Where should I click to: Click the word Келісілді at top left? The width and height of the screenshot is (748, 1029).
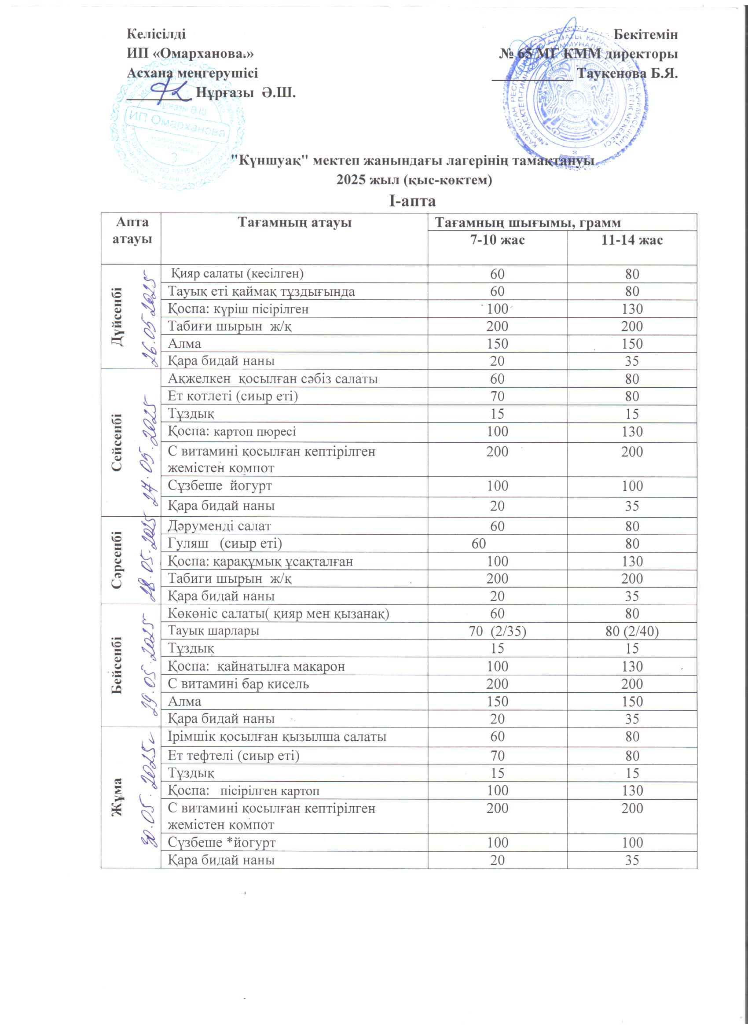(156, 34)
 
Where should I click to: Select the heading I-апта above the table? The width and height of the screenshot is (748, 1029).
(412, 201)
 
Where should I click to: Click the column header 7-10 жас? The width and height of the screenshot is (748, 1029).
(497, 240)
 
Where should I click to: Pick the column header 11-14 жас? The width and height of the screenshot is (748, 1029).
(632, 240)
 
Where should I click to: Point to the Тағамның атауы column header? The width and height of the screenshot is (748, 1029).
(294, 223)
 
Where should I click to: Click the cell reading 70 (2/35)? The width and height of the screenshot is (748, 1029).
(498, 631)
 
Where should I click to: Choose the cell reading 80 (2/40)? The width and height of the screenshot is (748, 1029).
(632, 631)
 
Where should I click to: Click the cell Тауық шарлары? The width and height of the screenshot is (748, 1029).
(214, 631)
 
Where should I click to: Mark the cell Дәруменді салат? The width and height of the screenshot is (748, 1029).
(220, 526)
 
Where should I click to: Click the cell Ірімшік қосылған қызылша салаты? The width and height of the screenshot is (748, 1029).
(277, 736)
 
